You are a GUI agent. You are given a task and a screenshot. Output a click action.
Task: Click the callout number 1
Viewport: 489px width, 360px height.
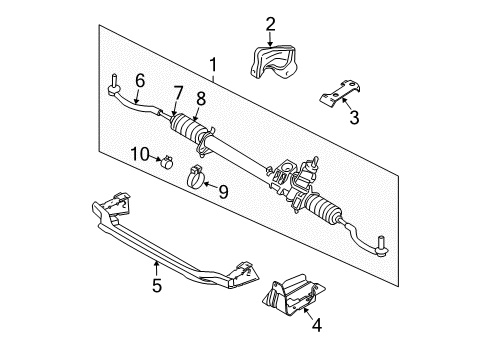pyautogui.click(x=212, y=67)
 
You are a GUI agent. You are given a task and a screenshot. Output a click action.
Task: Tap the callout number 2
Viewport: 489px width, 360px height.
pyautogui.click(x=269, y=23)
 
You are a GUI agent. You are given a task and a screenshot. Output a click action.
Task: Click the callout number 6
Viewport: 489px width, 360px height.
pyautogui.click(x=140, y=79)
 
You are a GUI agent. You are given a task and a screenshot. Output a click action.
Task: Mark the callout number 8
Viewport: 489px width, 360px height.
pyautogui.click(x=201, y=99)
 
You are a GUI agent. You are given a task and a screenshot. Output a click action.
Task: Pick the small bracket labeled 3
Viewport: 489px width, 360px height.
pyautogui.click(x=337, y=97)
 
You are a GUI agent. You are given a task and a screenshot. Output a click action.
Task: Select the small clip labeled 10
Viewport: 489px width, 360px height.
pyautogui.click(x=163, y=158)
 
